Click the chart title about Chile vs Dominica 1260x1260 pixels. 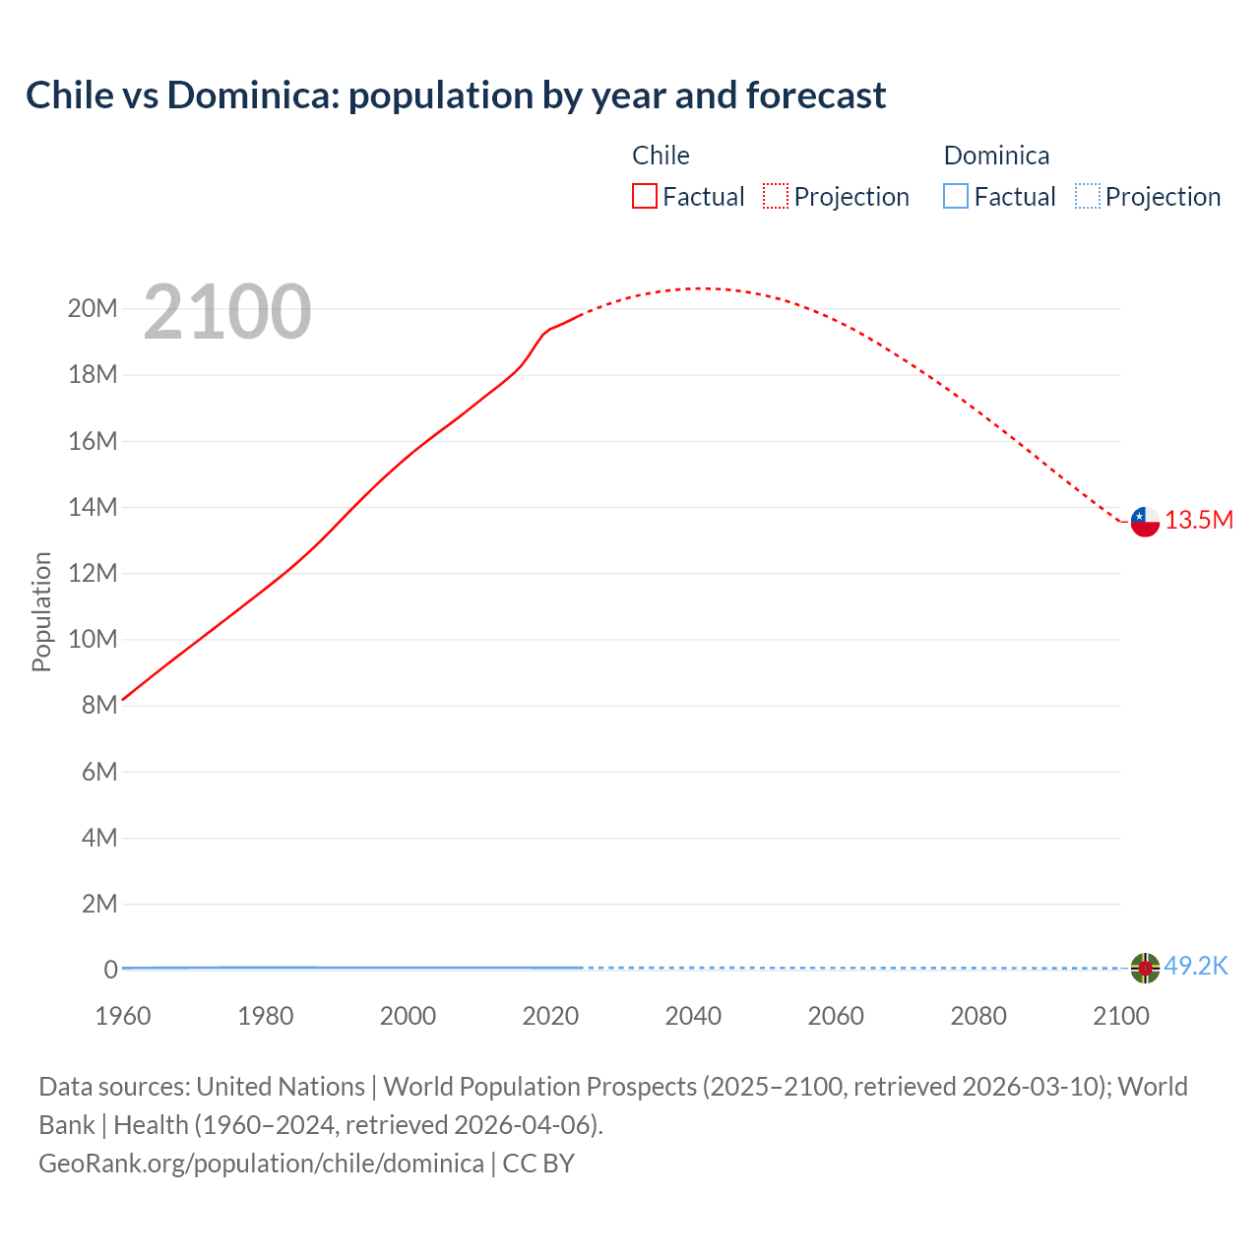[x=456, y=95]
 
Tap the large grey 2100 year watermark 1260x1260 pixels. [x=227, y=312]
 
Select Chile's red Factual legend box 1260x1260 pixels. [x=644, y=196]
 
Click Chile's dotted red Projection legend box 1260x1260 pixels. [x=776, y=196]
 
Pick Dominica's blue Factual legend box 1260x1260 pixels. [x=956, y=196]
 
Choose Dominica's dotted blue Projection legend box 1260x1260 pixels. [x=1087, y=196]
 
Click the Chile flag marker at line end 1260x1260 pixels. [x=1145, y=522]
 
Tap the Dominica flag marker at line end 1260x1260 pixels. [x=1145, y=969]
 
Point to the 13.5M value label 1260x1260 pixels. [x=1199, y=521]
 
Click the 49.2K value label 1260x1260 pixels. [x=1196, y=967]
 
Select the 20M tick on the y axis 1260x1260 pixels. [x=93, y=309]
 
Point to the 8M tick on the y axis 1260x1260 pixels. [x=99, y=706]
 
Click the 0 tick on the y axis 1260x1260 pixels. [x=110, y=970]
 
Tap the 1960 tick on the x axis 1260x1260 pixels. [x=123, y=1016]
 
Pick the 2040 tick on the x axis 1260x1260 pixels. [x=693, y=1016]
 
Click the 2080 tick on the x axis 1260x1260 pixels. [x=978, y=1016]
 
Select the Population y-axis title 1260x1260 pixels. [x=41, y=611]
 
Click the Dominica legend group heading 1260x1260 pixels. [x=996, y=156]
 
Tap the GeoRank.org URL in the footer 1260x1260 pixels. [x=261, y=1164]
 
